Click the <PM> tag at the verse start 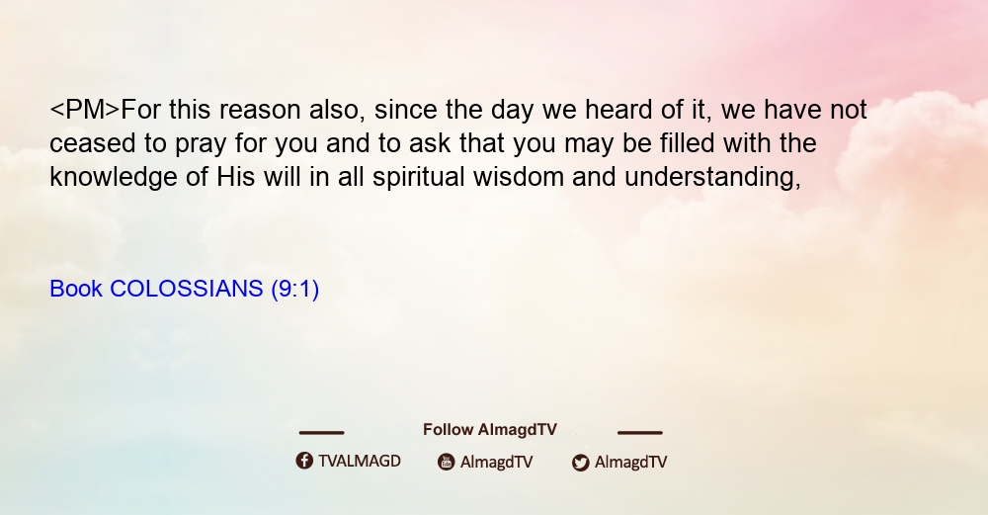coord(84,110)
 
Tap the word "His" coord(236,177)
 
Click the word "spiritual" coord(418,178)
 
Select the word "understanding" coord(711,178)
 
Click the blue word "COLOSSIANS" coord(186,289)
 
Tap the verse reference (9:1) coord(294,290)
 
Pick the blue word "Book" coord(76,289)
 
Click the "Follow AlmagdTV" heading coord(490,430)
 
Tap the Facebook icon coord(304,461)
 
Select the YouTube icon coord(447,462)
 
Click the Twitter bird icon coord(580,463)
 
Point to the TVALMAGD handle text coord(360,462)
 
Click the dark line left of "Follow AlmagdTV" coord(321,433)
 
